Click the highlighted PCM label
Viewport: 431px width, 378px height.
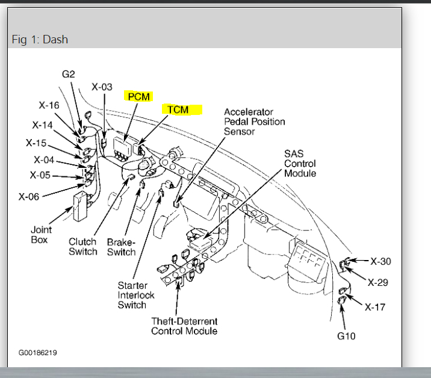point(137,96)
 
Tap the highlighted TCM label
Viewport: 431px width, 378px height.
point(178,110)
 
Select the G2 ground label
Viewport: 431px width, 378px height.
point(68,75)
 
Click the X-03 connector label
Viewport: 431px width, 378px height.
point(102,87)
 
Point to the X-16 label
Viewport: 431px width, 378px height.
point(49,105)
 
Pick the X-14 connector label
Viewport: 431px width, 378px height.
point(42,125)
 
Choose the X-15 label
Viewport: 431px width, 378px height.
point(36,143)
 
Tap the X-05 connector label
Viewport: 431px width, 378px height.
point(40,176)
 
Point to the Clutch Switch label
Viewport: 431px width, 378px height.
point(82,247)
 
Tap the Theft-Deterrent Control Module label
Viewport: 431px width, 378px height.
point(184,326)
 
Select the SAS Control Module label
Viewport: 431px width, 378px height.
point(300,164)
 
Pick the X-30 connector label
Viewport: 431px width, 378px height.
point(380,261)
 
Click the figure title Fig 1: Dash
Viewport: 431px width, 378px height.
point(40,40)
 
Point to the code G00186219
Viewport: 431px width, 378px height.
point(37,352)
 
